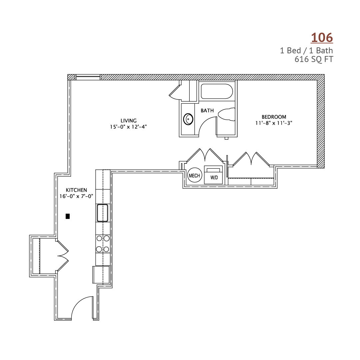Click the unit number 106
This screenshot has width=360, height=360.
322,37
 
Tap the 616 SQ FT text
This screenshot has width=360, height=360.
314,59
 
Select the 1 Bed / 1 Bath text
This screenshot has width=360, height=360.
306,51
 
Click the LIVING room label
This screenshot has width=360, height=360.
129,121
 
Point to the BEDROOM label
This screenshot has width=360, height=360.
274,117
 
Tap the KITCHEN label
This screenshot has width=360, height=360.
76,190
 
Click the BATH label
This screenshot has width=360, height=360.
207,111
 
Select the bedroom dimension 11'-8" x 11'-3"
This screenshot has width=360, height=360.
274,123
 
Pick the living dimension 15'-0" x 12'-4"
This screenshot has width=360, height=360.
128,127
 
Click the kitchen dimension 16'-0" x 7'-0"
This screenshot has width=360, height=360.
76,196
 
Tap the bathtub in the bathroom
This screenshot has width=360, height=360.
217,91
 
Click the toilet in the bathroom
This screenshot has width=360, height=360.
226,114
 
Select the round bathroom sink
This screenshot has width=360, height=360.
188,119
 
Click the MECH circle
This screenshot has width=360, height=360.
195,176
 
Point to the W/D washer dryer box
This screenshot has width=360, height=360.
214,175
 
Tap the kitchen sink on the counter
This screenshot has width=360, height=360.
102,213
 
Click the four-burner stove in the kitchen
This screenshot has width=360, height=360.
103,244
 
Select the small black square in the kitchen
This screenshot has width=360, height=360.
68,216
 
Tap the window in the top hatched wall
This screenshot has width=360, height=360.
88,77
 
